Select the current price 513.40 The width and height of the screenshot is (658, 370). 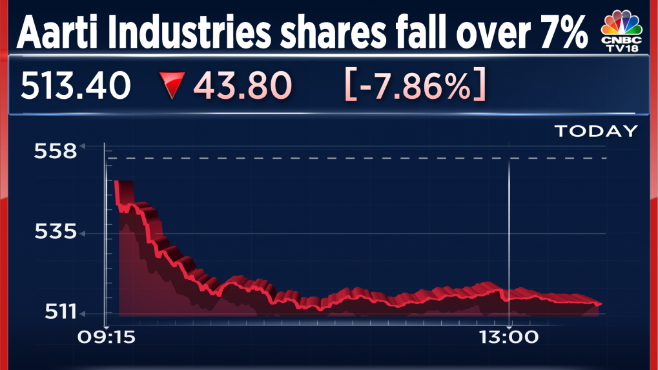76,85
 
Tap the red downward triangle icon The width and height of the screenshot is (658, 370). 172,87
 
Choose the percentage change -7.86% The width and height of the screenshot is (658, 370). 416,85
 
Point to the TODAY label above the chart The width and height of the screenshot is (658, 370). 596,132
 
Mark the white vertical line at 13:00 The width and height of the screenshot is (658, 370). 510,232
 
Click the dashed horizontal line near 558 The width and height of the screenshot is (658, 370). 355,158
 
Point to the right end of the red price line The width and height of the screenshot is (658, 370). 601,303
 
